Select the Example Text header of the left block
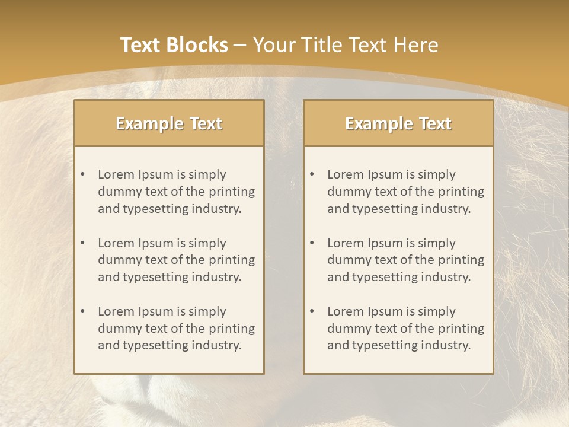[169, 123]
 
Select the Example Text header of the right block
[398, 123]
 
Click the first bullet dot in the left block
[82, 174]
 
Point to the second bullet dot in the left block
[82, 243]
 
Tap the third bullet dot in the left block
[82, 311]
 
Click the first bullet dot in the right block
[312, 174]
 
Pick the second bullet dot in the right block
[312, 243]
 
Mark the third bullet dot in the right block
[312, 311]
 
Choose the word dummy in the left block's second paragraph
[117, 260]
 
